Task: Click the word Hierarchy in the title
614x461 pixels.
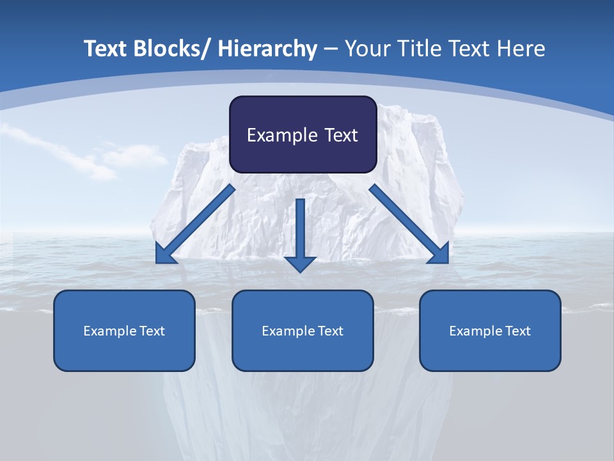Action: coord(267,49)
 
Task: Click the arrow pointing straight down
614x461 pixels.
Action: coord(301,230)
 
